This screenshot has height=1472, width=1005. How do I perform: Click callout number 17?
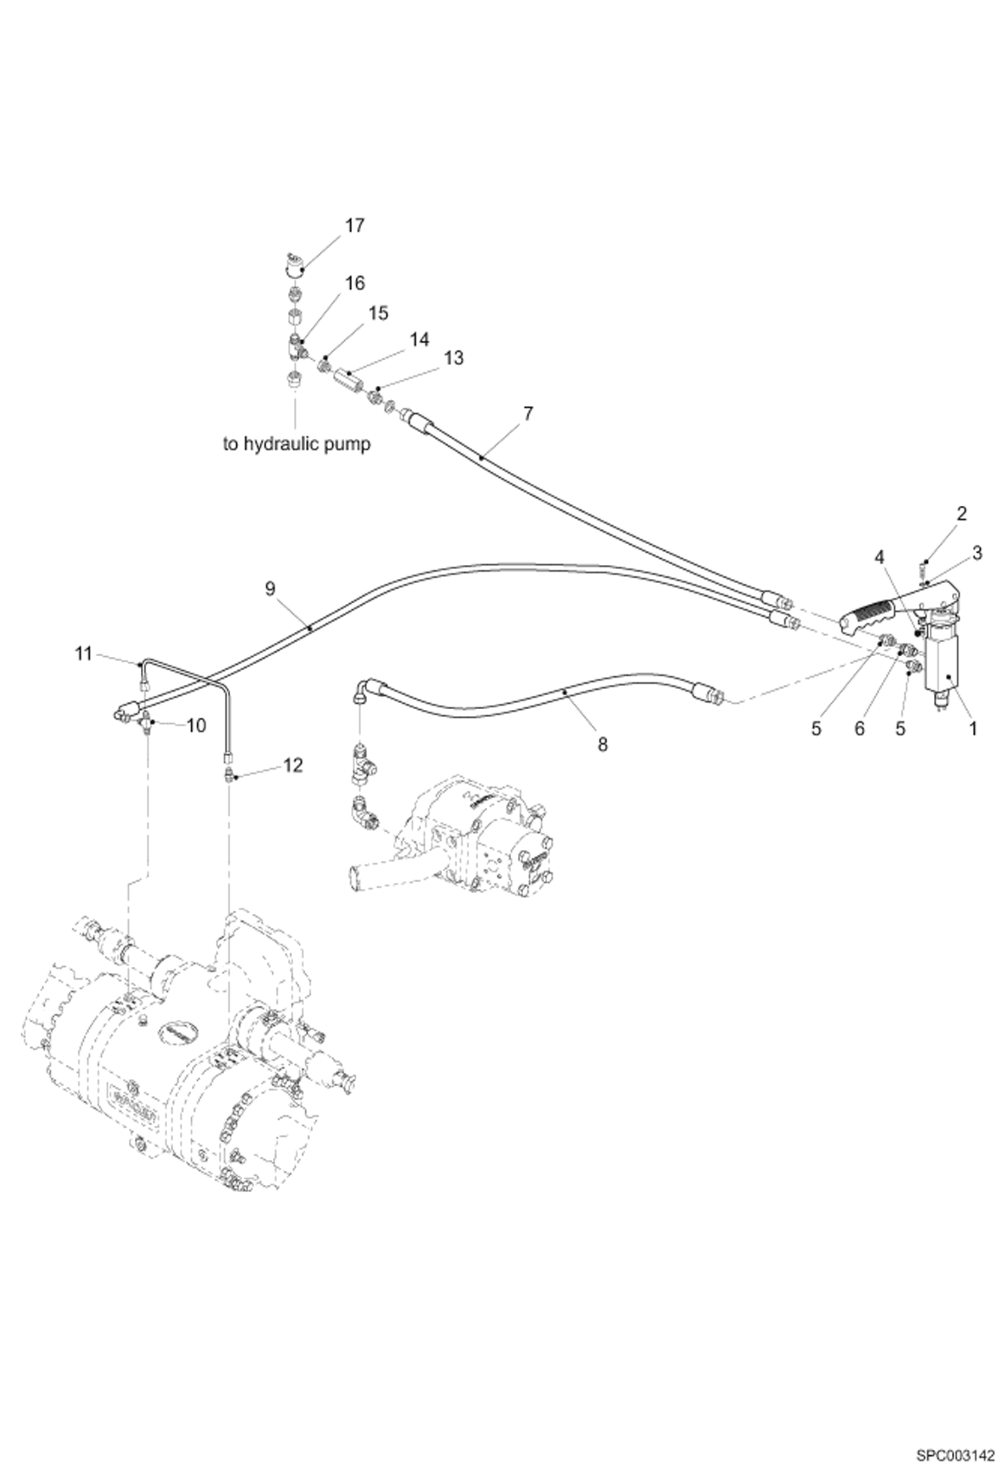[354, 225]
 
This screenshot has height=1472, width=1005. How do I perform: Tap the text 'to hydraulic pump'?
[297, 444]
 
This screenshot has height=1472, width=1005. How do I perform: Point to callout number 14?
[419, 340]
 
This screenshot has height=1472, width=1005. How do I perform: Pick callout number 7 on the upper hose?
[528, 414]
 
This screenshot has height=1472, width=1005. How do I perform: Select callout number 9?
[270, 588]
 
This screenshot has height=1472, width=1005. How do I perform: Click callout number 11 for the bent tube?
[83, 653]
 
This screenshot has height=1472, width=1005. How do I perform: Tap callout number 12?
[293, 765]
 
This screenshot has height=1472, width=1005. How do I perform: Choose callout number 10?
[196, 725]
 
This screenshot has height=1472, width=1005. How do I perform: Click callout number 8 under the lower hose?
[602, 743]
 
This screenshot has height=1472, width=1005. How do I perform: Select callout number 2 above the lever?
[961, 514]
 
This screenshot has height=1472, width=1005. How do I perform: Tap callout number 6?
[859, 729]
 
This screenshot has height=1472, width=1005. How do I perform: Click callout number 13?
[454, 358]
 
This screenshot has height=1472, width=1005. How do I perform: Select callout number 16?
[355, 284]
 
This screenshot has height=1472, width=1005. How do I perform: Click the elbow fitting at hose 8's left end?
[363, 690]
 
